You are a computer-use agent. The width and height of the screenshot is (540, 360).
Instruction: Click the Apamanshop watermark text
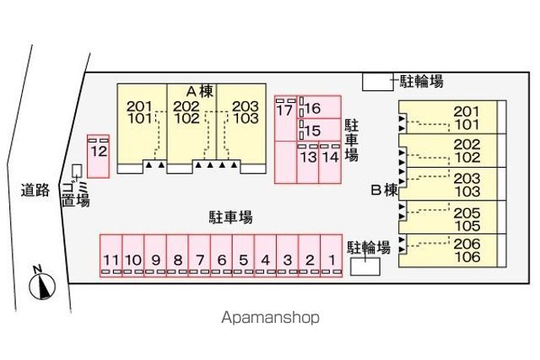coord(270,318)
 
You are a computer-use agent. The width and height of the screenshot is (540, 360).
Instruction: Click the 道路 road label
coord(35,190)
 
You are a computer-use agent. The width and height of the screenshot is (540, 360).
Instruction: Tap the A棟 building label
coord(200,91)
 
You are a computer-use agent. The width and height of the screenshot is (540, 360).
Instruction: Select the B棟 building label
coord(385,190)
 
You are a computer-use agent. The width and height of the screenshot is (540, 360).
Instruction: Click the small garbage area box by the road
coord(77,170)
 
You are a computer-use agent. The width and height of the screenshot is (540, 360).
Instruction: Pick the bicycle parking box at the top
coord(378,82)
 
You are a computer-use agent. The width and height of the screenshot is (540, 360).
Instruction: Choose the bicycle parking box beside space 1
coord(365,266)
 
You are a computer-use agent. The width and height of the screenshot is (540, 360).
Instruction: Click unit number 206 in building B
coord(467,244)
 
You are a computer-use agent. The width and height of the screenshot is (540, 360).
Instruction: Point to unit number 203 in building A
coord(246,106)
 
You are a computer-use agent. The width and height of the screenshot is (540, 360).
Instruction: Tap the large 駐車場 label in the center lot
coord(230,218)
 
